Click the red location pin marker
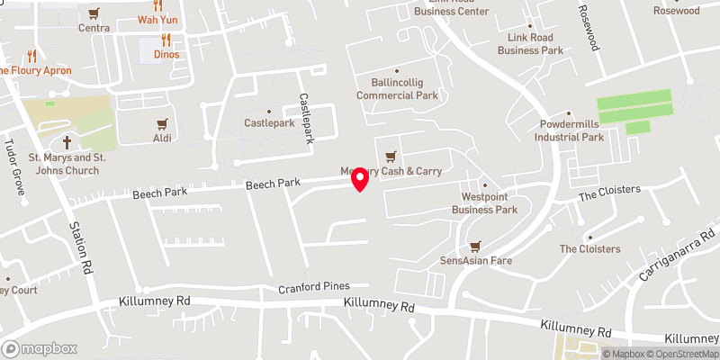coord(360,180)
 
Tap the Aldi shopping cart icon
coord(162,123)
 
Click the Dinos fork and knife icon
coord(166,40)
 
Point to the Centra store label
coord(94,27)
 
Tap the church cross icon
coord(67,143)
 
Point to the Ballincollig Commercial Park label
coord(397,88)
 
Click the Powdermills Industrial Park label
coord(569,130)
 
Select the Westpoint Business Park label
coord(485,202)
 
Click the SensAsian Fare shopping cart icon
coord(475,245)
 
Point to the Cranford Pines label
coord(313,287)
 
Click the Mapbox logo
coord(40,348)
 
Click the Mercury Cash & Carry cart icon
coord(390,157)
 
